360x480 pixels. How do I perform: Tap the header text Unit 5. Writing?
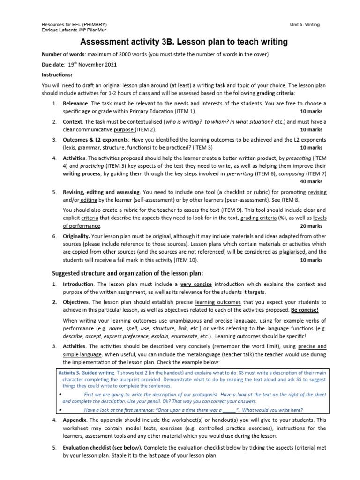(x=305, y=24)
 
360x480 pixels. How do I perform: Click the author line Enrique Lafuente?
(x=60, y=30)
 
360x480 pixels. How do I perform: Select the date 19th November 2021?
(x=93, y=65)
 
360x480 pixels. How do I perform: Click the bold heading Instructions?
(x=57, y=75)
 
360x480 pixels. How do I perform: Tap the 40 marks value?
(x=311, y=181)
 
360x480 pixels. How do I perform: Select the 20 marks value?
(x=311, y=226)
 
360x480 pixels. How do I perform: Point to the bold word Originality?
(x=76, y=236)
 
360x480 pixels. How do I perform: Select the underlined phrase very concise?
(x=196, y=285)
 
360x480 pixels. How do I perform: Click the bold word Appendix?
(x=75, y=420)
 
